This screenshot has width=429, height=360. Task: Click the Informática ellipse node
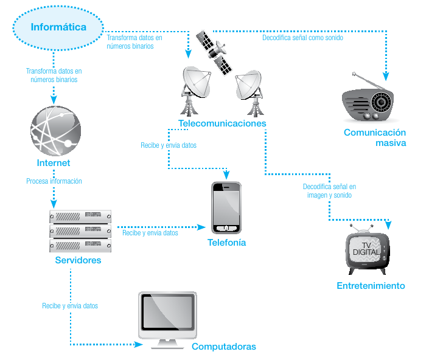[58, 27]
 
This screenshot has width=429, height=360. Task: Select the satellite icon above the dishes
[217, 52]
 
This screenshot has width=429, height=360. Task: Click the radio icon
[371, 102]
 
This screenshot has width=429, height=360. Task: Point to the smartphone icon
[226, 207]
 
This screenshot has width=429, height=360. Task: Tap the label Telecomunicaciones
[222, 123]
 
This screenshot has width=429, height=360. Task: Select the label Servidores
[78, 260]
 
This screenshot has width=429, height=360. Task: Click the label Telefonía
[226, 242]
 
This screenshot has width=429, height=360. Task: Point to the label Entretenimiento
[371, 286]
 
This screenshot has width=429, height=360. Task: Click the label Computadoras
[224, 347]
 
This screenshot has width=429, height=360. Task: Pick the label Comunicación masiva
[374, 137]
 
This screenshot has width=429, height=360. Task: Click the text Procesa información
[54, 181]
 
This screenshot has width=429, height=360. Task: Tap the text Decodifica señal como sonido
[302, 37]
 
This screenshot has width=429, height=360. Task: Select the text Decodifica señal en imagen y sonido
[329, 191]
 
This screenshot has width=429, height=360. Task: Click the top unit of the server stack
[81, 216]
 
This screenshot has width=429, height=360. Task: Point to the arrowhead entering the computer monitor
[138, 345]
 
